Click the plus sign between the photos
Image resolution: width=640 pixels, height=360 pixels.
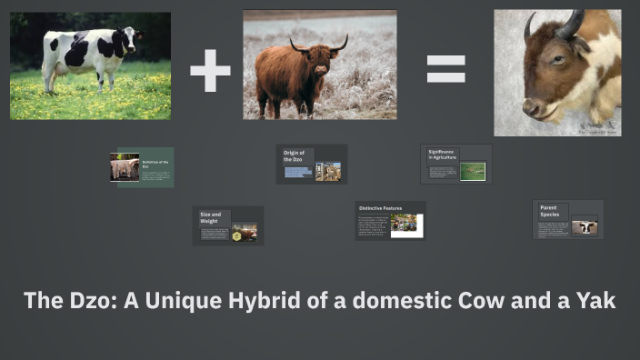coord(210,71)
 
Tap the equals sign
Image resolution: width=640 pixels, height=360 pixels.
coord(446,69)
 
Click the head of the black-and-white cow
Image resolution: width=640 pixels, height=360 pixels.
coord(129,38)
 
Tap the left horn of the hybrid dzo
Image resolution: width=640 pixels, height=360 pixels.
coord(529,27)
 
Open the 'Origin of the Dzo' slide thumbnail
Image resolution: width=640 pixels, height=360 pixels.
coord(311,165)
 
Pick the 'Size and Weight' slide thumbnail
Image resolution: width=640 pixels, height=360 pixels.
coord(227,225)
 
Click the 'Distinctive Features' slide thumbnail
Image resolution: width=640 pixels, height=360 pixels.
coord(390,221)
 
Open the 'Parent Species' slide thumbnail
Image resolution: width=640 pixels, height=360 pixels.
coord(567,220)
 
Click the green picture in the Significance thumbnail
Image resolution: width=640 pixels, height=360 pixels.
coord(472,171)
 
